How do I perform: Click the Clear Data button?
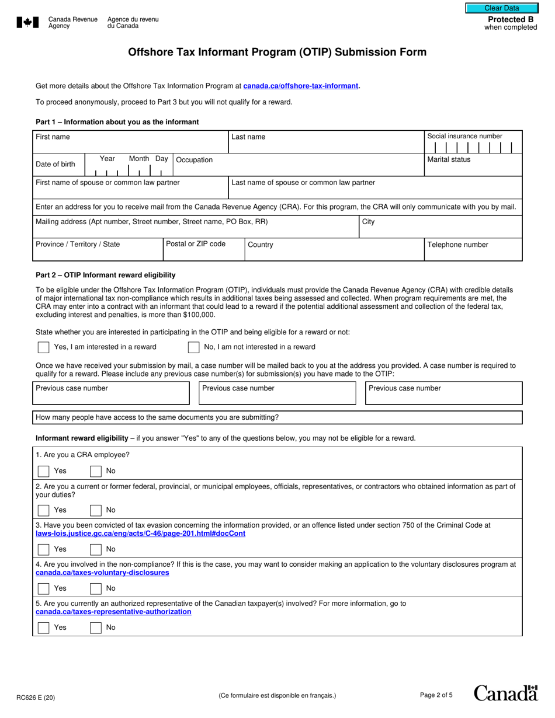(x=501, y=8)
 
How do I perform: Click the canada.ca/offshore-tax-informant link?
(x=300, y=86)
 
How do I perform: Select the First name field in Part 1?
(x=130, y=142)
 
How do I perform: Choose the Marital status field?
(x=473, y=166)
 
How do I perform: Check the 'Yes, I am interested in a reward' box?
(x=44, y=347)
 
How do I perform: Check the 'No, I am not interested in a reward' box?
(x=193, y=347)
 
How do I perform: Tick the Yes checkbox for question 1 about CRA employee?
(x=44, y=471)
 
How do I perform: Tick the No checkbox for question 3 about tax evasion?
(x=96, y=549)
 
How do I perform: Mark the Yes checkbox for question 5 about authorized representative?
(x=44, y=628)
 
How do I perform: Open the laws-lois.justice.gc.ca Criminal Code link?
(x=141, y=534)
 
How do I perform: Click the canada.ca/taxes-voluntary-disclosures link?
(x=102, y=573)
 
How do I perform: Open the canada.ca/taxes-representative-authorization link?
(x=113, y=612)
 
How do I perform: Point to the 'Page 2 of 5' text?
(x=436, y=695)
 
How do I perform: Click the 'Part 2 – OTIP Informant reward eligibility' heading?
(x=105, y=275)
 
